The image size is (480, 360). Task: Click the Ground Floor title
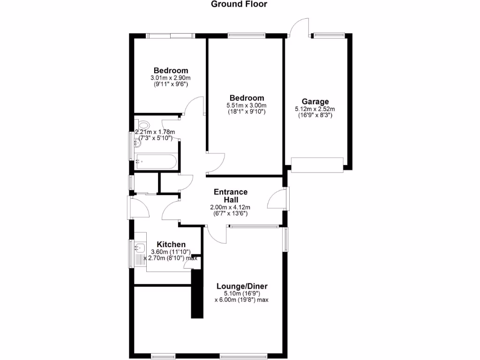point(239,5)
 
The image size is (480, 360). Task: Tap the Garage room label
point(315,101)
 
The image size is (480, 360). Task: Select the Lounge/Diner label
point(242,286)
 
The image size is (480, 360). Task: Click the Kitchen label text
point(171,245)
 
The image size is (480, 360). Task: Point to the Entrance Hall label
point(231,196)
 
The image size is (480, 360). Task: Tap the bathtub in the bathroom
point(156,162)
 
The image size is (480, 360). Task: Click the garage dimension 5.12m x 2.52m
point(315,109)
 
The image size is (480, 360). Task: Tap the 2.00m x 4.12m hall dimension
point(231,207)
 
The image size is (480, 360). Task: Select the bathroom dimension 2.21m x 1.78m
point(155,132)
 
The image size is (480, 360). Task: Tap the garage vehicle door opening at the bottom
point(317,164)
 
